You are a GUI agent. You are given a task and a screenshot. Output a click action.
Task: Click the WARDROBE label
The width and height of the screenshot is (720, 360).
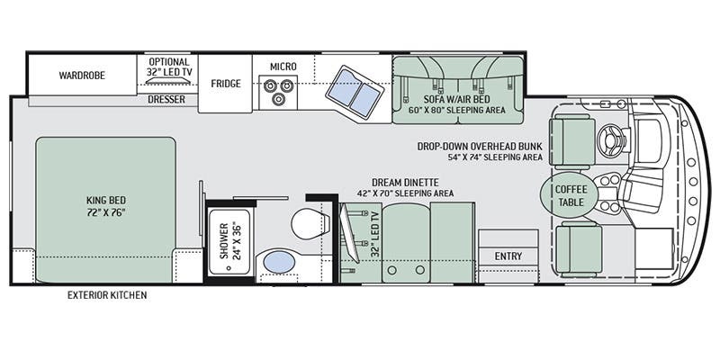83,76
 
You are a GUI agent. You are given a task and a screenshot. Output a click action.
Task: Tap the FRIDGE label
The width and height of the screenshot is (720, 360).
226,84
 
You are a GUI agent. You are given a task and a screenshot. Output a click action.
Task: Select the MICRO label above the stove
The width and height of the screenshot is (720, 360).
283,66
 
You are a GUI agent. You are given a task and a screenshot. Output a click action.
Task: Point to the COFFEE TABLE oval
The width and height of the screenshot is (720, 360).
570,195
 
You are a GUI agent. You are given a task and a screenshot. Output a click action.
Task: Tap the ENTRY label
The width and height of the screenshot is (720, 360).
508,256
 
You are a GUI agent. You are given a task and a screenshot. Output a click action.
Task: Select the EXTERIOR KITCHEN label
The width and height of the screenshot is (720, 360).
107,295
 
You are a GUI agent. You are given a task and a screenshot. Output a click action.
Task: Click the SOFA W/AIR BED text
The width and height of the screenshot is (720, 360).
457,99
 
